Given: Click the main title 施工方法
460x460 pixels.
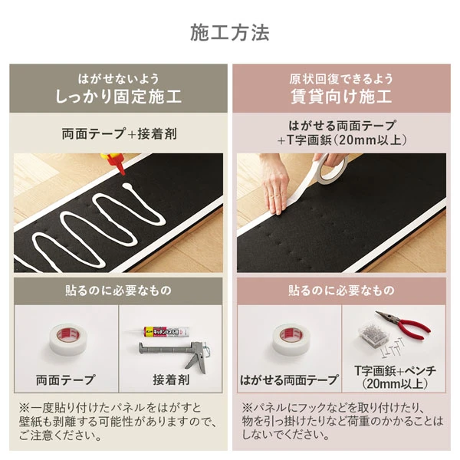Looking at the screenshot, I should click(x=230, y=34).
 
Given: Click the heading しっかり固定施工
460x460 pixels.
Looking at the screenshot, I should click(x=118, y=97).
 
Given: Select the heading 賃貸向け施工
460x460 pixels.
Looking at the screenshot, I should click(x=341, y=97).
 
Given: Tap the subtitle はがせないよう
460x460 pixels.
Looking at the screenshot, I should click(x=118, y=78).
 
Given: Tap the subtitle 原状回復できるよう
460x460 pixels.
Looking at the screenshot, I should click(x=341, y=78).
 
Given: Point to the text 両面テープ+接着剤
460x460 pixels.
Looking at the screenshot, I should click(x=118, y=133).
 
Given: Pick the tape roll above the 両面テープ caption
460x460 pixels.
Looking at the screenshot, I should click(x=65, y=340).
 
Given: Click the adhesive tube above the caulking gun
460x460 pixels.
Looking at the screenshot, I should click(x=166, y=330).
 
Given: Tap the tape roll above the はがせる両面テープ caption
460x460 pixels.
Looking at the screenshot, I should click(x=289, y=340).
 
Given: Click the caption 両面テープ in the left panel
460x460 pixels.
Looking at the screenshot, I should click(x=65, y=379).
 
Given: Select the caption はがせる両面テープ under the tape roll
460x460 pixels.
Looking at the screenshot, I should click(x=289, y=379).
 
